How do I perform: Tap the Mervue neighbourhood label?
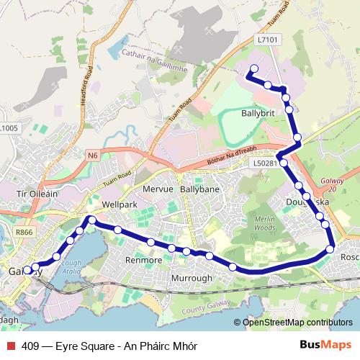tap(160, 189)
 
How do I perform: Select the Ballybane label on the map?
tap(199, 189)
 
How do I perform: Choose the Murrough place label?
tap(192, 278)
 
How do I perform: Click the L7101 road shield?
tap(266, 42)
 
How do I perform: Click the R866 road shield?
tap(24, 232)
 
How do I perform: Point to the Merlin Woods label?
tap(265, 222)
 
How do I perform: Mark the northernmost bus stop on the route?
tap(253, 70)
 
